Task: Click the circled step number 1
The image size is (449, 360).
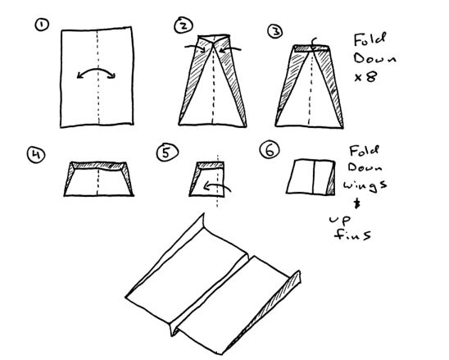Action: (x=42, y=25)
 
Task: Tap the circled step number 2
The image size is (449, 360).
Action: (x=184, y=25)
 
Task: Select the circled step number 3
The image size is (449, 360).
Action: (x=275, y=31)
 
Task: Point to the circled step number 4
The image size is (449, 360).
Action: (x=36, y=154)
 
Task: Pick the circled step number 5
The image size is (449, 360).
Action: (x=167, y=153)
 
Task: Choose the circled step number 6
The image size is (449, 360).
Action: (x=270, y=150)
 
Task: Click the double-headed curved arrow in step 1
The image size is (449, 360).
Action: (x=96, y=70)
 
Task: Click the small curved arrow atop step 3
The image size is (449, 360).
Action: (x=315, y=43)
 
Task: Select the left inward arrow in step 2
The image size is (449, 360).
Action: (x=195, y=48)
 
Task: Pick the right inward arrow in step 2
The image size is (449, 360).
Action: (x=230, y=49)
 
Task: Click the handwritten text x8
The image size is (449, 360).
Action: (x=365, y=77)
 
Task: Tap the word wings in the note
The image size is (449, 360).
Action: (x=365, y=185)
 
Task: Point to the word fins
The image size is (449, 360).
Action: (x=353, y=235)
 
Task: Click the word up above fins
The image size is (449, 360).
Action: (x=340, y=221)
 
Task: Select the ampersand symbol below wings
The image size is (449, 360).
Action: (x=356, y=204)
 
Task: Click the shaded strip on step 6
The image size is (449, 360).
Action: (x=331, y=181)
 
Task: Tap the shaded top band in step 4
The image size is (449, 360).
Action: (x=98, y=166)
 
